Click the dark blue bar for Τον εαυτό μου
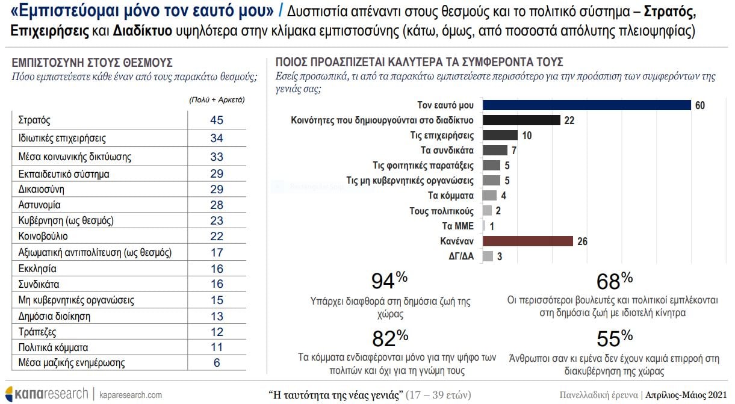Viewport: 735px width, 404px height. [x=587, y=105]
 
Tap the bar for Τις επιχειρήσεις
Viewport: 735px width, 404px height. [x=500, y=135]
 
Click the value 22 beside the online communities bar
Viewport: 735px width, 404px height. [x=569, y=120]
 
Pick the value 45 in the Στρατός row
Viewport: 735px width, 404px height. [x=217, y=120]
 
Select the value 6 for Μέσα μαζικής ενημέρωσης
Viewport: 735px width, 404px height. [x=217, y=362]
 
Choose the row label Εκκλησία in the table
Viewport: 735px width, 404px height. [x=38, y=269]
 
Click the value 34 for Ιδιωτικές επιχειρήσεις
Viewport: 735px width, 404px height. [x=217, y=138]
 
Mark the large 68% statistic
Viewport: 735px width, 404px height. [x=614, y=281]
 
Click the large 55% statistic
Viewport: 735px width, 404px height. [x=614, y=338]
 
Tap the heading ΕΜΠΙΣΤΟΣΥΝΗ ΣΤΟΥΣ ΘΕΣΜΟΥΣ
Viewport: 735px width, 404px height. [x=92, y=63]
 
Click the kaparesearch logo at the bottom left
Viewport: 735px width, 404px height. [x=47, y=394]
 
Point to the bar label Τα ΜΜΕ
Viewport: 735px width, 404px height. [x=459, y=226]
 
